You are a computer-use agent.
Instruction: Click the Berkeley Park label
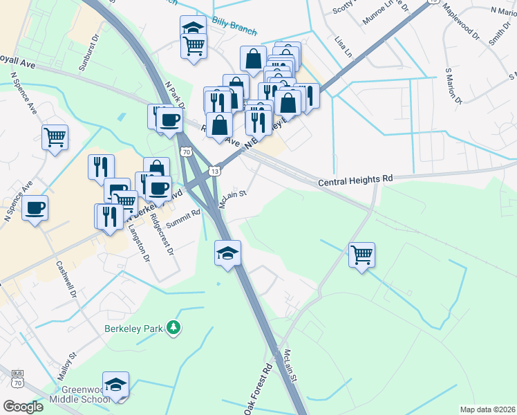click(133, 328)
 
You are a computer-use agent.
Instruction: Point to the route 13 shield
click(216, 170)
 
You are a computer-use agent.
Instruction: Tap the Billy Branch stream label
click(235, 27)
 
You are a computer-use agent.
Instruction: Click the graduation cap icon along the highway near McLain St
click(227, 253)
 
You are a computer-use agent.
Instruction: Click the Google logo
click(23, 406)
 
